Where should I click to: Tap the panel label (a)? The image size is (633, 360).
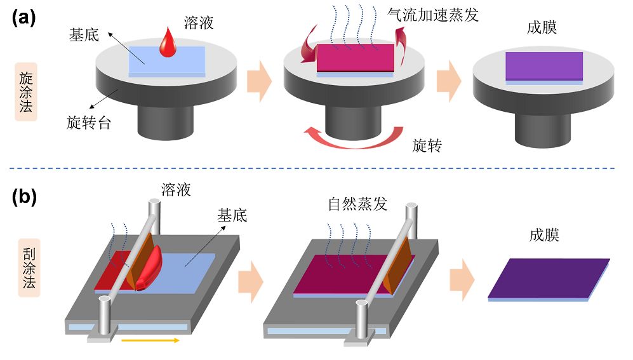pos(25,18)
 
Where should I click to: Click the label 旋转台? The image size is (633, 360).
pos(89,123)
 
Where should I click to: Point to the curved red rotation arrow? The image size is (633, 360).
pos(352,136)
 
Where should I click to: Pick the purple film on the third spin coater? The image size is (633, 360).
pos(544,66)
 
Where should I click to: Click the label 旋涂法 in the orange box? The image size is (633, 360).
pos(27,86)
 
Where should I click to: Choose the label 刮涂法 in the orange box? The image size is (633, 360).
pos(27,263)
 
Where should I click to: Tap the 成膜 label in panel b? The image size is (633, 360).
pos(544,236)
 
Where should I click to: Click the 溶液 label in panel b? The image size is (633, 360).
pos(176,189)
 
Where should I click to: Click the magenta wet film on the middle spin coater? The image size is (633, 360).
pos(356,59)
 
